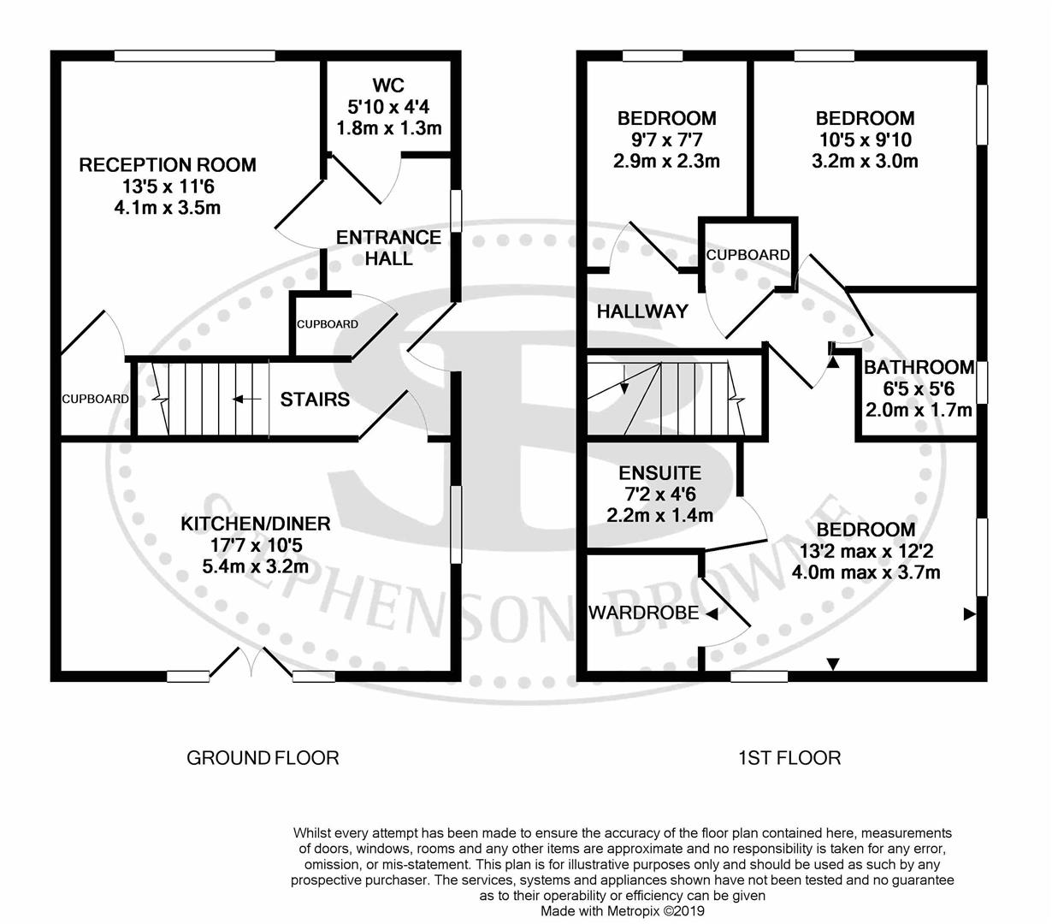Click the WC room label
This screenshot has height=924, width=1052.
(x=388, y=86)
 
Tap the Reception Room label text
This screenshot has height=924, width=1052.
(x=168, y=165)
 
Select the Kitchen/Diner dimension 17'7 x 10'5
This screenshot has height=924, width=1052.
(x=255, y=545)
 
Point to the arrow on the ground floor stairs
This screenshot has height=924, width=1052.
(x=247, y=399)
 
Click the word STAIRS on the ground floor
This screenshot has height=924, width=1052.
(x=315, y=400)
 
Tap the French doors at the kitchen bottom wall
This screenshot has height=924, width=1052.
(x=251, y=664)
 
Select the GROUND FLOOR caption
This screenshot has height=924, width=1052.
(x=263, y=757)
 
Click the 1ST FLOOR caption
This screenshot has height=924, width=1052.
(x=789, y=757)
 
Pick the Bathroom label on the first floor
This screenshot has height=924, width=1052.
(x=919, y=368)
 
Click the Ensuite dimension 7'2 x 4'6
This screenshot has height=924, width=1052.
(x=660, y=495)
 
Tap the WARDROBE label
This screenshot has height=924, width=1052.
(x=642, y=613)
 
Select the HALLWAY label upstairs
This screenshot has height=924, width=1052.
(x=641, y=311)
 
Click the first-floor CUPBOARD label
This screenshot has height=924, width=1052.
(x=748, y=255)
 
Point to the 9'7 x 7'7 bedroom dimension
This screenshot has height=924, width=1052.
(x=667, y=139)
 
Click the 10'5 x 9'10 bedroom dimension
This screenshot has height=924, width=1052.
(x=865, y=139)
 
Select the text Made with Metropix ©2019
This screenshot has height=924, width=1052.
(x=622, y=911)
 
